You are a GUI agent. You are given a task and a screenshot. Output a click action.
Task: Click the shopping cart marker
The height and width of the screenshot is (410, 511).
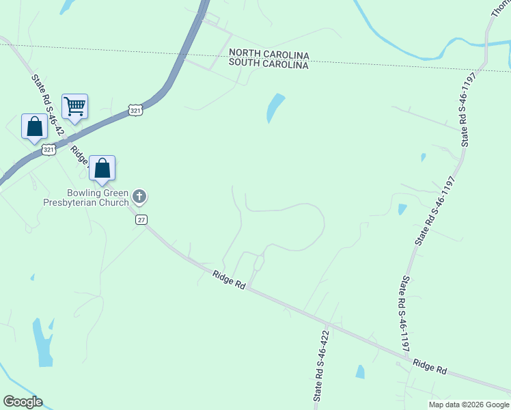[x=74, y=107]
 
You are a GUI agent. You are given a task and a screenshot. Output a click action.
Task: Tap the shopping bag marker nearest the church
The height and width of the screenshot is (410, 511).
[x=102, y=168]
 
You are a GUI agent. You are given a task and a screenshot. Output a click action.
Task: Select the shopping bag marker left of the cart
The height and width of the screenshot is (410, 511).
[x=34, y=126]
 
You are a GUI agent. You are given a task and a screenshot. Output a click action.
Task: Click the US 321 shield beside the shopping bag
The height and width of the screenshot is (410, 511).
[x=49, y=149]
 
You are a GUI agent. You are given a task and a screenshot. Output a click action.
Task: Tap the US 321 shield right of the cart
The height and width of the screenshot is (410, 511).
[x=135, y=110]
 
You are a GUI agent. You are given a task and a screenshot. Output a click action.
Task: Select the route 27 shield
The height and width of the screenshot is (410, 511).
[x=141, y=219]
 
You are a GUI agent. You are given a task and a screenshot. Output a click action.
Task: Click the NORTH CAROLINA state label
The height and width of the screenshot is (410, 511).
[x=269, y=54]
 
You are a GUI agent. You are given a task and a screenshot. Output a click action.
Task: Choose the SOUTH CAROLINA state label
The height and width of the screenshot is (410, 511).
[x=269, y=64]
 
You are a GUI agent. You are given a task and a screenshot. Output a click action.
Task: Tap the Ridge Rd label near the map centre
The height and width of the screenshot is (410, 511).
[x=228, y=279]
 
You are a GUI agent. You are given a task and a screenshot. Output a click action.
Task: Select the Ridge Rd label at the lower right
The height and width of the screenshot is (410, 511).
[x=430, y=367]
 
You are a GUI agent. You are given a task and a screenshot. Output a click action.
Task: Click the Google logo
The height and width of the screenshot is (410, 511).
[x=23, y=402]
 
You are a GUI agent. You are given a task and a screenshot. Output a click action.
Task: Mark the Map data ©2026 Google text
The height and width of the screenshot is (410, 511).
[x=469, y=405]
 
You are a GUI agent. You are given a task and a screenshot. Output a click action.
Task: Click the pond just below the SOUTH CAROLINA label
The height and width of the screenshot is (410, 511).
[x=275, y=107]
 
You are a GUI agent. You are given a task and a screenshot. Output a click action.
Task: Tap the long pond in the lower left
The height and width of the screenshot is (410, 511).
[x=42, y=342]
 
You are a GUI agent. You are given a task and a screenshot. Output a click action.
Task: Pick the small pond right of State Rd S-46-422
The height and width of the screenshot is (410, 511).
[x=360, y=372]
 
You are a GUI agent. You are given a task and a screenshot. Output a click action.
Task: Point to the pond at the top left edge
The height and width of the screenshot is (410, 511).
[x=68, y=6]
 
